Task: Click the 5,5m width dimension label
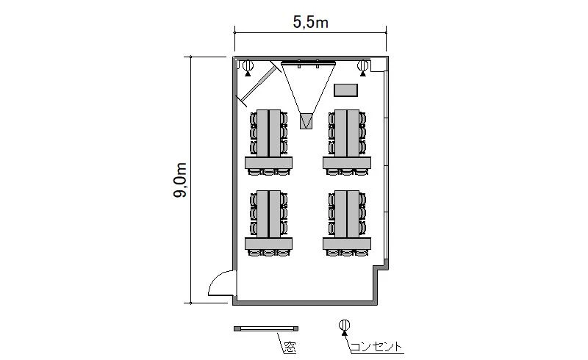click(x=310, y=23)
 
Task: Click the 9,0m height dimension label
click(x=180, y=180)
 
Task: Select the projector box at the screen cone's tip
click(x=306, y=121)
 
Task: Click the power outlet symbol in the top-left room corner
click(x=248, y=67)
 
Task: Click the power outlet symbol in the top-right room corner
click(x=362, y=67)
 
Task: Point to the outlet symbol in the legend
click(x=344, y=326)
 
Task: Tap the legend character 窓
click(x=290, y=348)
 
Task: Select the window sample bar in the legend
click(x=266, y=328)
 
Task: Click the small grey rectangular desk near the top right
click(x=345, y=90)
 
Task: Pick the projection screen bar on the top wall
click(x=308, y=62)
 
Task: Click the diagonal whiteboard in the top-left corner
click(x=259, y=83)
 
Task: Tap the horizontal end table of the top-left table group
click(x=268, y=163)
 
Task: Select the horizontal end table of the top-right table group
click(x=347, y=163)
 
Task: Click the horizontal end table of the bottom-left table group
click(x=268, y=244)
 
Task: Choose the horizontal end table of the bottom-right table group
click(x=347, y=244)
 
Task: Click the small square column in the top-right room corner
click(x=378, y=65)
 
